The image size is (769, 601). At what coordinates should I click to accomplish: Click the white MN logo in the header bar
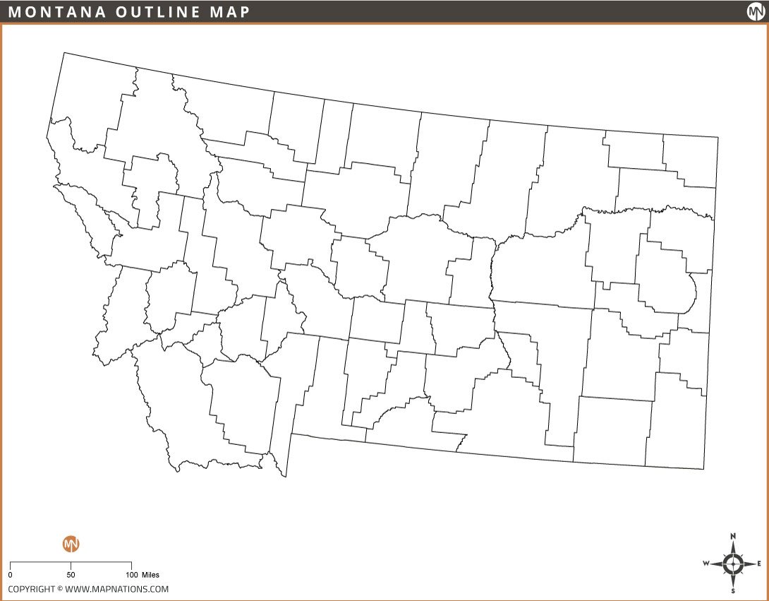756,11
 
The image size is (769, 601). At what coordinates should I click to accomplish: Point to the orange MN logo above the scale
71,544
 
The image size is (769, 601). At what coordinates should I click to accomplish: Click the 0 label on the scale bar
10,575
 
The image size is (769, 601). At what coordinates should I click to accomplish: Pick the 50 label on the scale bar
71,575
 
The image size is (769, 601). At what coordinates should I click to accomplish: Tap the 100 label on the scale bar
131,575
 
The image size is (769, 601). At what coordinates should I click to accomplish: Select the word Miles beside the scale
150,575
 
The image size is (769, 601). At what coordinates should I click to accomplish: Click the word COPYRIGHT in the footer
31,589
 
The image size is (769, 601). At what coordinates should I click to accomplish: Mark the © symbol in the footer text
60,589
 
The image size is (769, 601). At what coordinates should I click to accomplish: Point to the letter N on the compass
734,536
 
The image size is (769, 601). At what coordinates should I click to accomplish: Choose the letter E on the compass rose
759,564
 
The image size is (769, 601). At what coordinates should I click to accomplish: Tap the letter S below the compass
734,590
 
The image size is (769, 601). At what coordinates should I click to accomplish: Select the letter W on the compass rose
706,564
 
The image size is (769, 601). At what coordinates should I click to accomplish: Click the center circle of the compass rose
734,564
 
